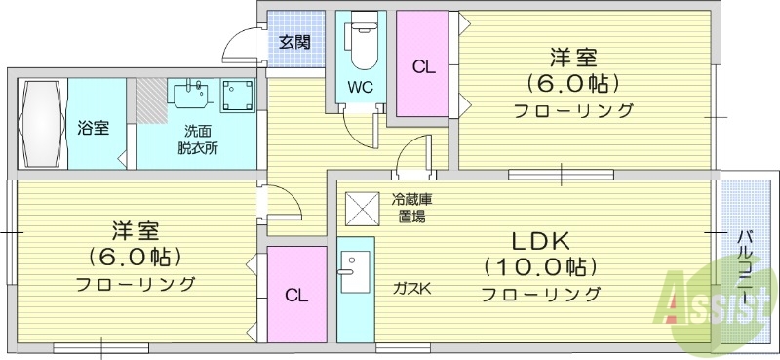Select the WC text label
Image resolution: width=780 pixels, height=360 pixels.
(360, 85)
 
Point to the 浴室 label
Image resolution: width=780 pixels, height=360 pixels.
(94, 128)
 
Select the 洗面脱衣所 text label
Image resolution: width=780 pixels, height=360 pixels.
(197, 140)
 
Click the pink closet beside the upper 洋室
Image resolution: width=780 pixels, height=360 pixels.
(422, 66)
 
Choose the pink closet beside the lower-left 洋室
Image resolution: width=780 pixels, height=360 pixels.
(296, 295)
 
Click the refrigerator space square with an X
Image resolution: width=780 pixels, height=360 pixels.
(360, 208)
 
